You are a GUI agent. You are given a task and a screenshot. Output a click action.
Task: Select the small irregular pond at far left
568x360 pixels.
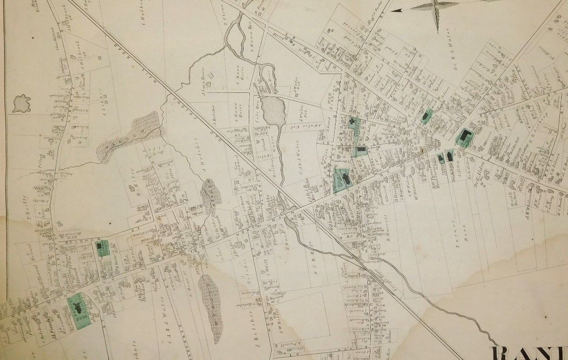coord(21,103)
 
